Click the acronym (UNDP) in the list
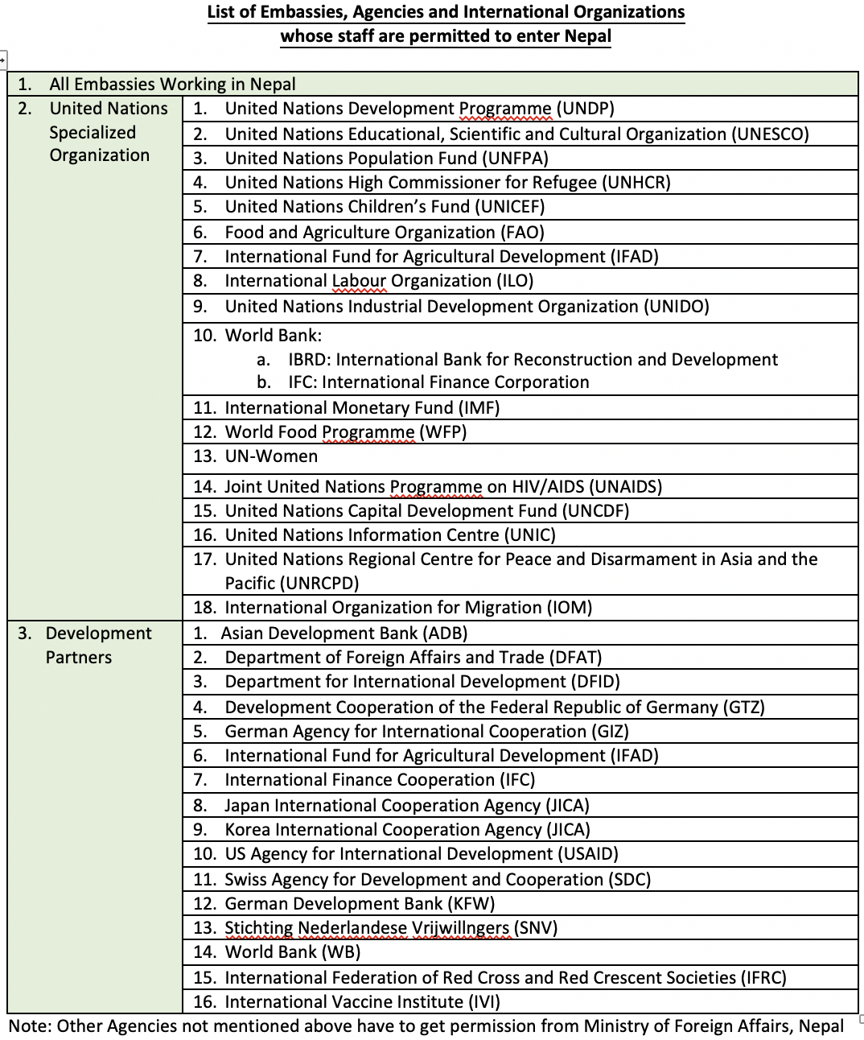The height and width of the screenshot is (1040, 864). point(585,109)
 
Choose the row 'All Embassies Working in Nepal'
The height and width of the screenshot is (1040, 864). point(172,85)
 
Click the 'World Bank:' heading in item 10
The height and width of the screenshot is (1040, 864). point(273,336)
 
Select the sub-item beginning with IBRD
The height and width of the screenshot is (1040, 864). point(533,360)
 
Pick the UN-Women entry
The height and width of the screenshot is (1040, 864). point(271,456)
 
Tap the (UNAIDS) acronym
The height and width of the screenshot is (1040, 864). point(625,487)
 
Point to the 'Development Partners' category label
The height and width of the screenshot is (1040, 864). point(98,645)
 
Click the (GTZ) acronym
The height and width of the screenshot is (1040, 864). point(743,708)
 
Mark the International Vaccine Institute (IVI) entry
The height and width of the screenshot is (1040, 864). point(362,1002)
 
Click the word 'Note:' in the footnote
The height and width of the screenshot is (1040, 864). point(31,1026)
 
